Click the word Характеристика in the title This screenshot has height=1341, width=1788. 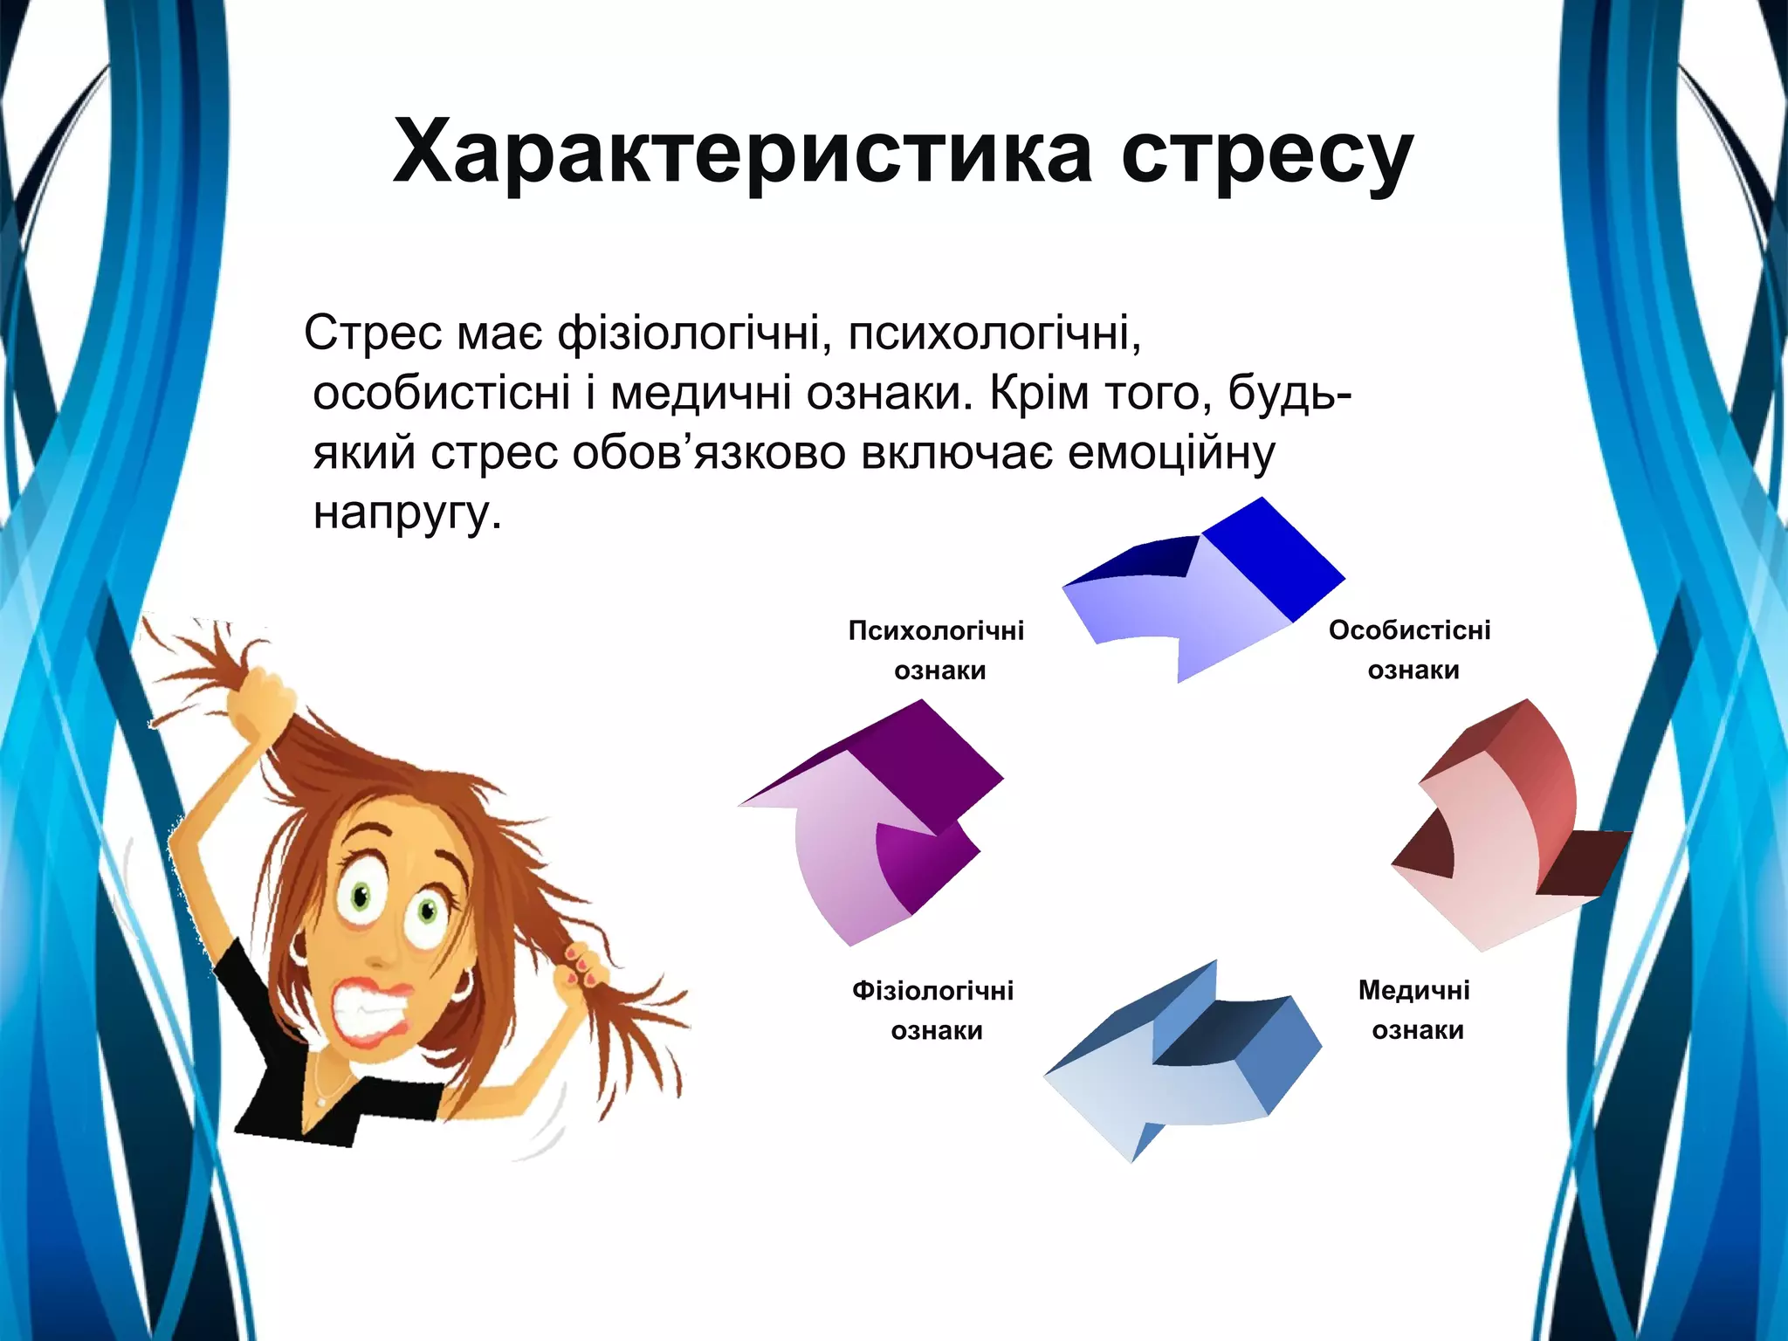(x=742, y=153)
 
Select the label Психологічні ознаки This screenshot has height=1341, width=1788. (x=937, y=650)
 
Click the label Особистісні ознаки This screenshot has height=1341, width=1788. (x=1410, y=650)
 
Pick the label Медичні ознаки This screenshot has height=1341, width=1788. (x=1414, y=1010)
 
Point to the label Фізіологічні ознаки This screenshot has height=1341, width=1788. (x=933, y=1011)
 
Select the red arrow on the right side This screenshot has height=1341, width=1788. (x=1502, y=838)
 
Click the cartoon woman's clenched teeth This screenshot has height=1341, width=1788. (x=367, y=1013)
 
